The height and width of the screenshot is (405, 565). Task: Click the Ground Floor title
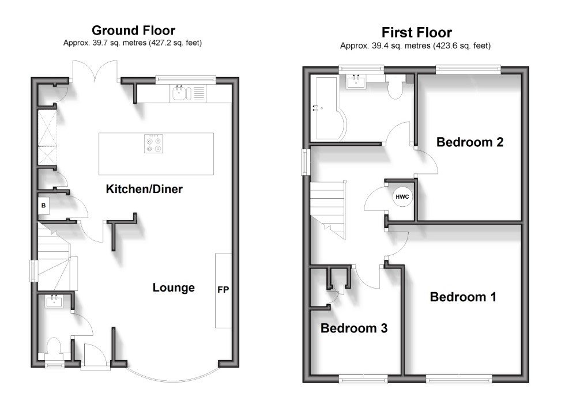(134, 30)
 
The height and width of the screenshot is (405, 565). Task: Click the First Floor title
(416, 32)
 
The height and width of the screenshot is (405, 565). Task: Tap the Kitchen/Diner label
(144, 189)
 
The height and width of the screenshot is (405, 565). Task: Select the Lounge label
(174, 287)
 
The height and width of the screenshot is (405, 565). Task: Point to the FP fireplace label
(223, 289)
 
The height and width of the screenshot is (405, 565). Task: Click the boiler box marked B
(44, 205)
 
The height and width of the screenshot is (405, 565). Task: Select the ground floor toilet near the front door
(55, 347)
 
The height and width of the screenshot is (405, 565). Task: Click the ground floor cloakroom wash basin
(55, 300)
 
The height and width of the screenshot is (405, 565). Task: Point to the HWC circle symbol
(402, 198)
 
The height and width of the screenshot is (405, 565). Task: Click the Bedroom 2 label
(469, 142)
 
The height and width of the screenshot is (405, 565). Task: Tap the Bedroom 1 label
(463, 297)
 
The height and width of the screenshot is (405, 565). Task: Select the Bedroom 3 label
(354, 328)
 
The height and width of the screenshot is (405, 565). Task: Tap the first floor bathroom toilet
(396, 88)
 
